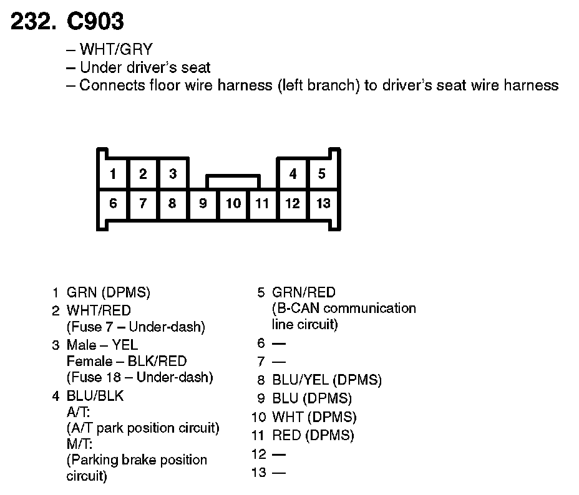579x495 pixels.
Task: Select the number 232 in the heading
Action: pos(30,22)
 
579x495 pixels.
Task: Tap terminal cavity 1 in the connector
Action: pos(113,174)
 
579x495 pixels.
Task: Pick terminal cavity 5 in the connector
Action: pos(322,174)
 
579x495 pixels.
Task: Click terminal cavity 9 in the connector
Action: pos(203,203)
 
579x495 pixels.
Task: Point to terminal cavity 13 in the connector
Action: pos(323,203)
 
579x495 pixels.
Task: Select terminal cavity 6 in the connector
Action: pos(113,203)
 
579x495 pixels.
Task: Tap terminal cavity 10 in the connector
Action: pos(233,203)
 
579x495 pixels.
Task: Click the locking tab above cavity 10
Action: pos(233,181)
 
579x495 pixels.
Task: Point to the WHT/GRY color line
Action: pos(116,49)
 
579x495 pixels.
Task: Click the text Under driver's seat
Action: pos(145,67)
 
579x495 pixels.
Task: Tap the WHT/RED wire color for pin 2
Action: pos(99,310)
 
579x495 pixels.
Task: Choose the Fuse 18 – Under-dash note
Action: pos(140,377)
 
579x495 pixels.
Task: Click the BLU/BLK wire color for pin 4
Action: pos(95,395)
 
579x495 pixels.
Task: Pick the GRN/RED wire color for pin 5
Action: pos(304,292)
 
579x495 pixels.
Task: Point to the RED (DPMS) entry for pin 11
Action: pos(313,435)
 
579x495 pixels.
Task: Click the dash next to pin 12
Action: pos(279,454)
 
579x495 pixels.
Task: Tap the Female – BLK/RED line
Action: pos(127,361)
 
